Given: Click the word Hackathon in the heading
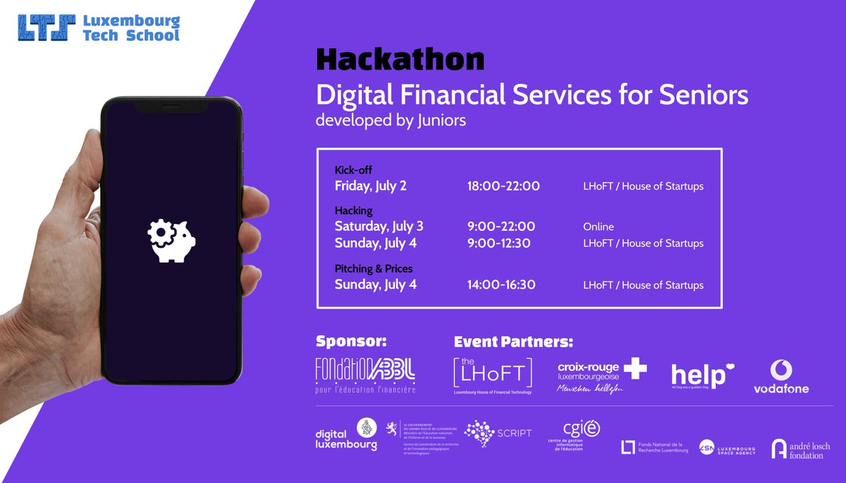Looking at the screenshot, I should [400, 60].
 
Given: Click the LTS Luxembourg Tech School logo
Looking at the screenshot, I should [99, 27].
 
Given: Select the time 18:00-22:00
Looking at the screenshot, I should [503, 187].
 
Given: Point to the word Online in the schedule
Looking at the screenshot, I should [598, 227].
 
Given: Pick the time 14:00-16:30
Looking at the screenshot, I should [501, 285].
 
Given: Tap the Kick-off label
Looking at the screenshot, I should [353, 170].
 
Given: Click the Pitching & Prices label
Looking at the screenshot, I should [374, 269].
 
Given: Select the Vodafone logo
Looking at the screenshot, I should [781, 377].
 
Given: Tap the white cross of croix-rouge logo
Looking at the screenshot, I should [634, 369].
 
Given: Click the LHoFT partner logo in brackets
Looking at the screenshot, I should [492, 374].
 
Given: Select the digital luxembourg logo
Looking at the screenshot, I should [346, 434].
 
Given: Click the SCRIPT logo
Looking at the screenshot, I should [498, 434].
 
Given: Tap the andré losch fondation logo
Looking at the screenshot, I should [799, 449].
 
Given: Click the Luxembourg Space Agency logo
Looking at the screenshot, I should [726, 448].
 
